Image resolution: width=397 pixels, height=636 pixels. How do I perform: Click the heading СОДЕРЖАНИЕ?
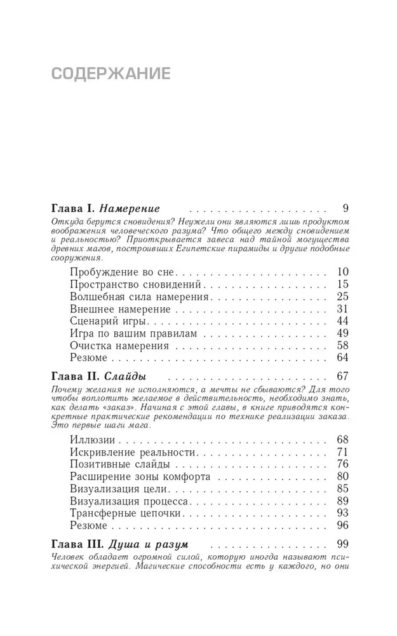point(111,74)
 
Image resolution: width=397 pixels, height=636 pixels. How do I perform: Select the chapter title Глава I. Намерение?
point(104,209)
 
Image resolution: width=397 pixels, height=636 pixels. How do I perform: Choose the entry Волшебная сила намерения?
point(138,297)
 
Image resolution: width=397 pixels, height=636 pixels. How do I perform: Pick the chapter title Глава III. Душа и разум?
point(119,545)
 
